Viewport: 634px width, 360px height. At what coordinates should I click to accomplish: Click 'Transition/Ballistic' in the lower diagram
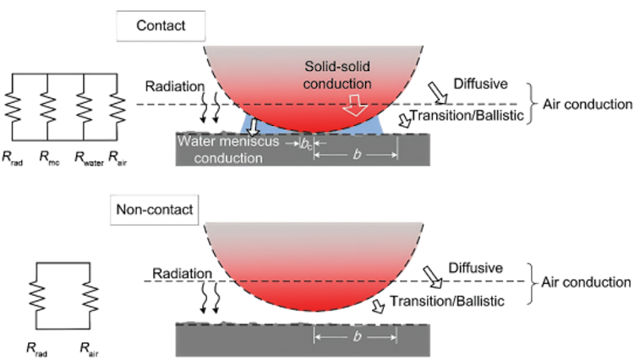coord(448,300)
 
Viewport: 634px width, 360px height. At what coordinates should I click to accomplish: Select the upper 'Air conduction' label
coord(584,105)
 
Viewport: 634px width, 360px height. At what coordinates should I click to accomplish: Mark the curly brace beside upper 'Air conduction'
coord(530,104)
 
